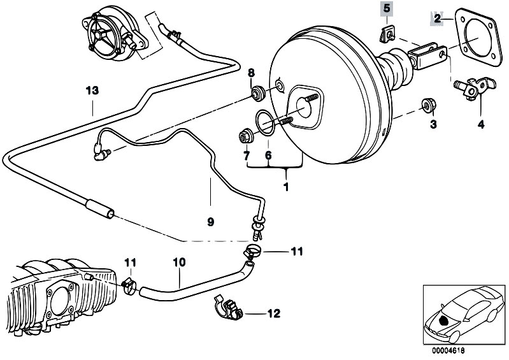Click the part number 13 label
pos(92,90)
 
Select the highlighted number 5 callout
pos(386,8)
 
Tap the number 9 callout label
pos(210,222)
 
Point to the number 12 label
pos(273,313)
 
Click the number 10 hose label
pos(179,262)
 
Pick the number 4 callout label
pos(481,124)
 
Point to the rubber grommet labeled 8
pos(259,93)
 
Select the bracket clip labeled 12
pos(229,307)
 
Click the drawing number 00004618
pos(448,350)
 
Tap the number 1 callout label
pos(286,187)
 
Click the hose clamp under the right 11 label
pos(252,251)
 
